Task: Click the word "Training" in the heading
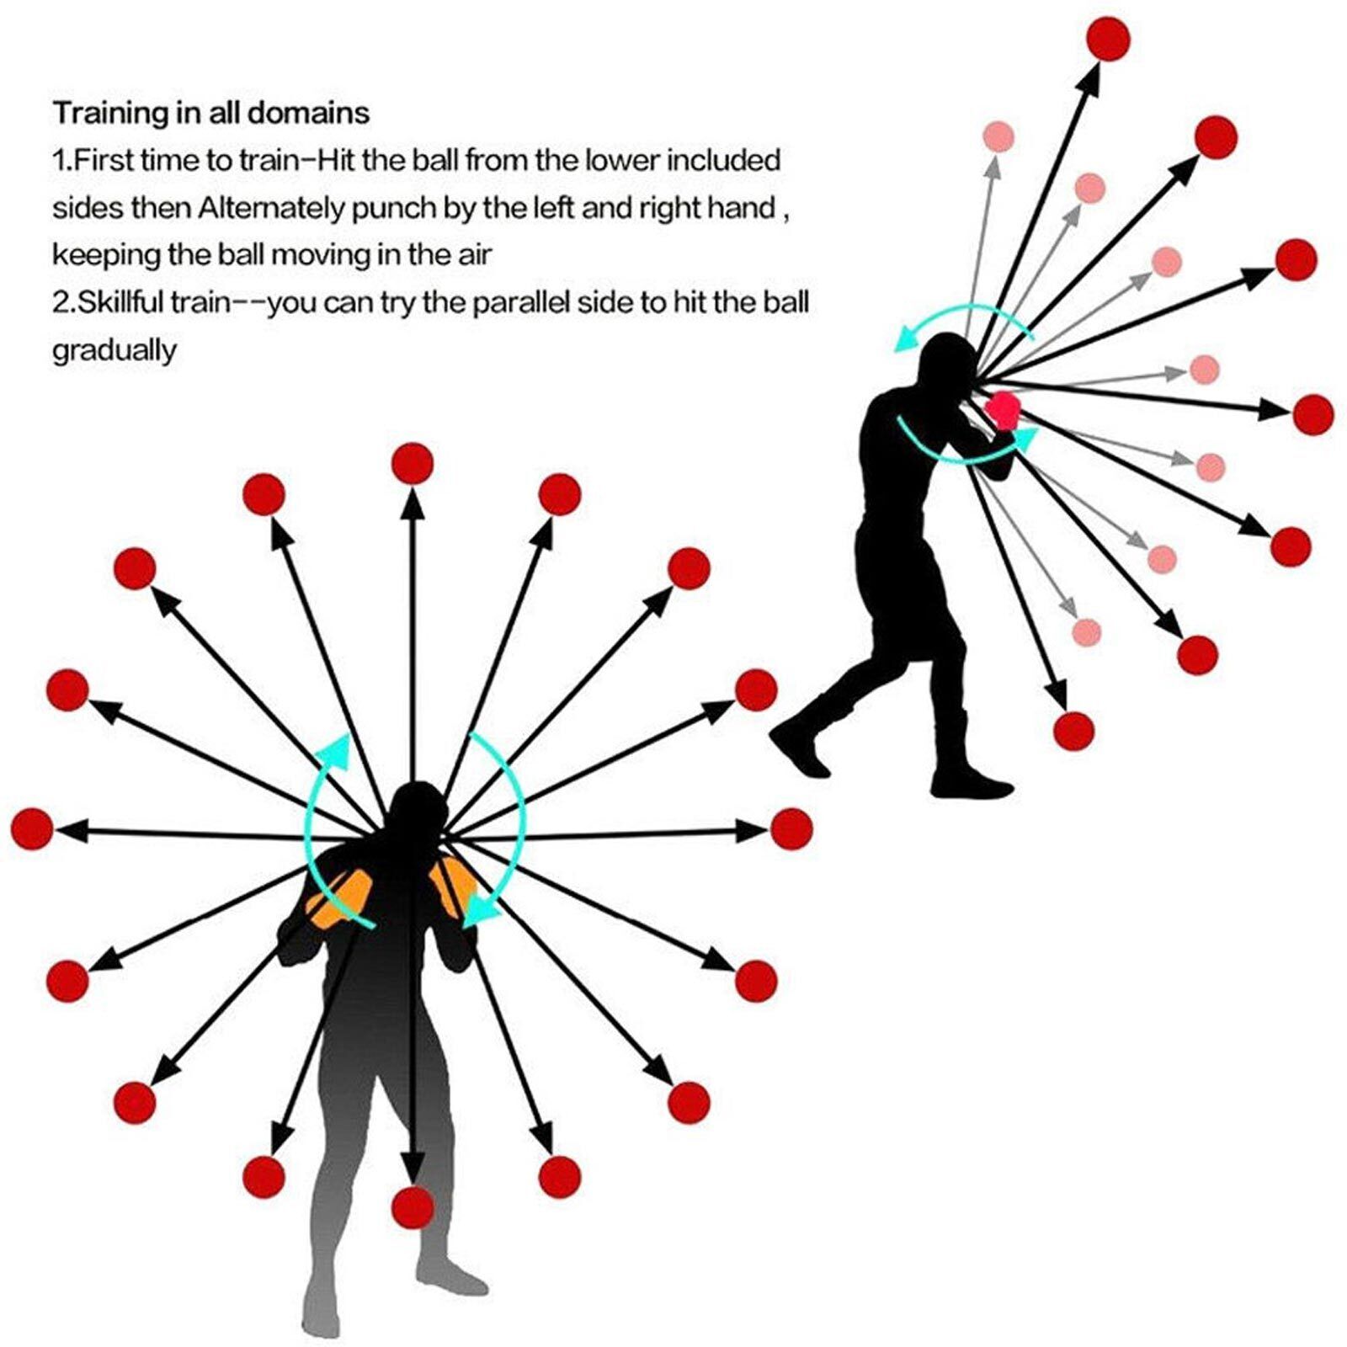click(111, 113)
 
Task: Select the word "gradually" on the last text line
click(114, 350)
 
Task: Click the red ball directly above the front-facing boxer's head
click(413, 464)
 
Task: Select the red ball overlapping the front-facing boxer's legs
click(413, 1206)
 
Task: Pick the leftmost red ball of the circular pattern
click(32, 828)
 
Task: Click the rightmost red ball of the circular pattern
click(791, 828)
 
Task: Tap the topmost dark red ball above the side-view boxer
click(1108, 40)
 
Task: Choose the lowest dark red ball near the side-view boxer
click(1074, 730)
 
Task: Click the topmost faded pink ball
click(998, 136)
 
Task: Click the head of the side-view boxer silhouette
click(945, 362)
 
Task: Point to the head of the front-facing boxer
click(415, 812)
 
